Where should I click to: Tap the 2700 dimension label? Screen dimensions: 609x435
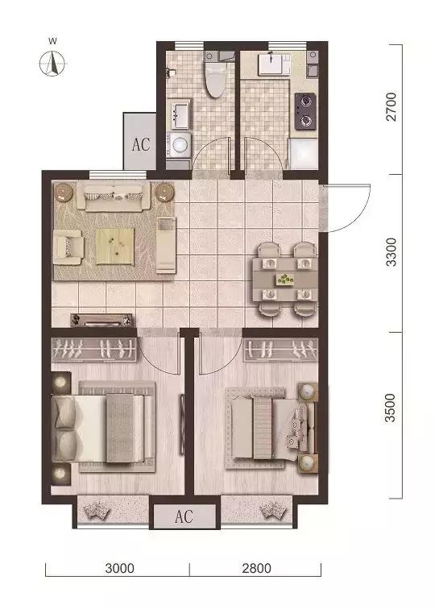click(391, 108)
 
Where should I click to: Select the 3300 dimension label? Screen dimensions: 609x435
click(391, 252)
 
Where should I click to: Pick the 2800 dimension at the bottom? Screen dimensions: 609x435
click(255, 569)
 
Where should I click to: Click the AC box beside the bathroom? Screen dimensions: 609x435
click(142, 145)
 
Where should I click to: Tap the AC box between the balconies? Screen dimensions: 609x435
click(184, 516)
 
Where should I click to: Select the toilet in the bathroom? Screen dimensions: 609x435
click(215, 79)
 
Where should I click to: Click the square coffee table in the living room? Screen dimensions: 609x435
click(114, 245)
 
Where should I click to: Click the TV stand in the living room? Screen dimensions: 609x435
click(101, 320)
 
